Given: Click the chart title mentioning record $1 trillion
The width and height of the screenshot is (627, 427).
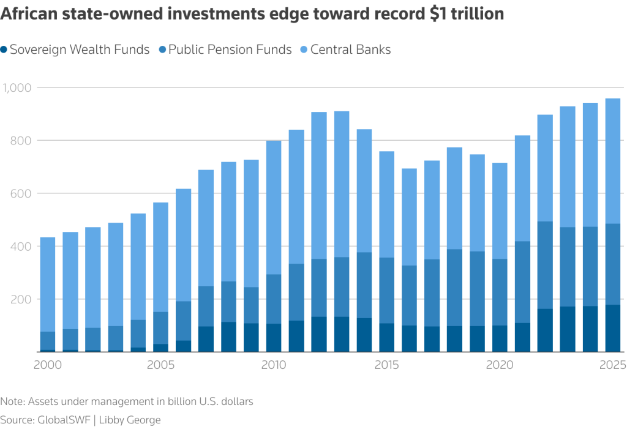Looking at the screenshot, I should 252,14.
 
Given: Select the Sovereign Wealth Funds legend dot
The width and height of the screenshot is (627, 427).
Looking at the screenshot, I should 5,50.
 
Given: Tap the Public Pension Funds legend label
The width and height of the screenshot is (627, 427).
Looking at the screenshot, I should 230,50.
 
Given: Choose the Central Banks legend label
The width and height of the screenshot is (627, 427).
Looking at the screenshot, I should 350,50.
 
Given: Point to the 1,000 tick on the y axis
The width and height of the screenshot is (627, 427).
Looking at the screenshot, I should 17,87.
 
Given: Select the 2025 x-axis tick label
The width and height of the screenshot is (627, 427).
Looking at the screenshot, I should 612,365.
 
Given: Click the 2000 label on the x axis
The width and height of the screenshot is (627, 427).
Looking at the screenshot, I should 48,365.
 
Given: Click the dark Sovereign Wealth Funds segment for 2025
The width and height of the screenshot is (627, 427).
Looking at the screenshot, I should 612,329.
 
